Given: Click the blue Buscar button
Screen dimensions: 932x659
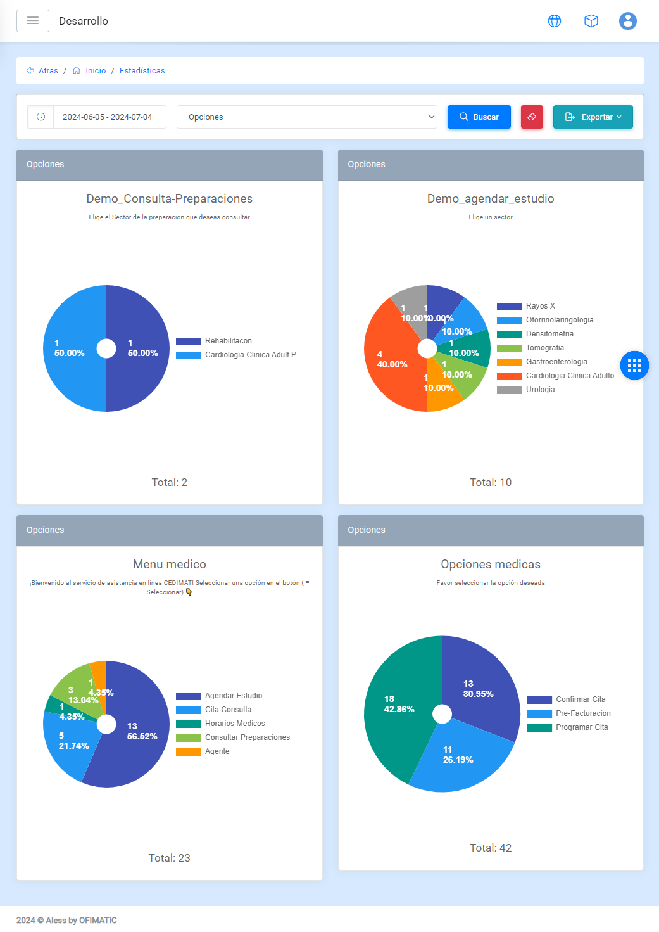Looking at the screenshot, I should pyautogui.click(x=479, y=117).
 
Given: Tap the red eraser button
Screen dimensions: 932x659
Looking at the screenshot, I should pyautogui.click(x=532, y=117).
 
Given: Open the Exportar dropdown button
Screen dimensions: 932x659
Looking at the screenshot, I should pyautogui.click(x=593, y=117).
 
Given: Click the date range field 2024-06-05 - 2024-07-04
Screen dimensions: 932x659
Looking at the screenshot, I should pyautogui.click(x=107, y=117).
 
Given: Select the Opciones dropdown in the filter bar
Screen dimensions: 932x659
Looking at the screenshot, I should pyautogui.click(x=306, y=117).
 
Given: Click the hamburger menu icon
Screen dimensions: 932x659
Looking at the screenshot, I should pyautogui.click(x=33, y=21).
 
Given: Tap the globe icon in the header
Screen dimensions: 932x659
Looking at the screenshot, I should pyautogui.click(x=555, y=21).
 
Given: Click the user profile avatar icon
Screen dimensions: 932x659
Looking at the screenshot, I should pyautogui.click(x=627, y=21).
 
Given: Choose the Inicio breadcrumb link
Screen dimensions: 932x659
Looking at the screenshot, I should pyautogui.click(x=96, y=71).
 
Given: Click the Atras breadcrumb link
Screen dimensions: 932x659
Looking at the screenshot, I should pyautogui.click(x=48, y=71).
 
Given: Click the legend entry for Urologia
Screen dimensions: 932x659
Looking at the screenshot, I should pyautogui.click(x=540, y=390).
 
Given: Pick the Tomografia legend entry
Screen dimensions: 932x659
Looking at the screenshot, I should pyautogui.click(x=544, y=348).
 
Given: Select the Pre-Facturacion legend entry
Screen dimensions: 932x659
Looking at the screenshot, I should pyautogui.click(x=583, y=713).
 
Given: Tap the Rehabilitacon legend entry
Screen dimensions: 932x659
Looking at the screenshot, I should pyautogui.click(x=228, y=341).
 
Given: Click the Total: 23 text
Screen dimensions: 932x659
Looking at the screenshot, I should pyautogui.click(x=169, y=858).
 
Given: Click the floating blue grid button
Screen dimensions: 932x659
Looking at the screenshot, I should pyautogui.click(x=634, y=365).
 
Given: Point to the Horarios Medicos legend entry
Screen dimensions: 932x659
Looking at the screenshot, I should pyautogui.click(x=235, y=724).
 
